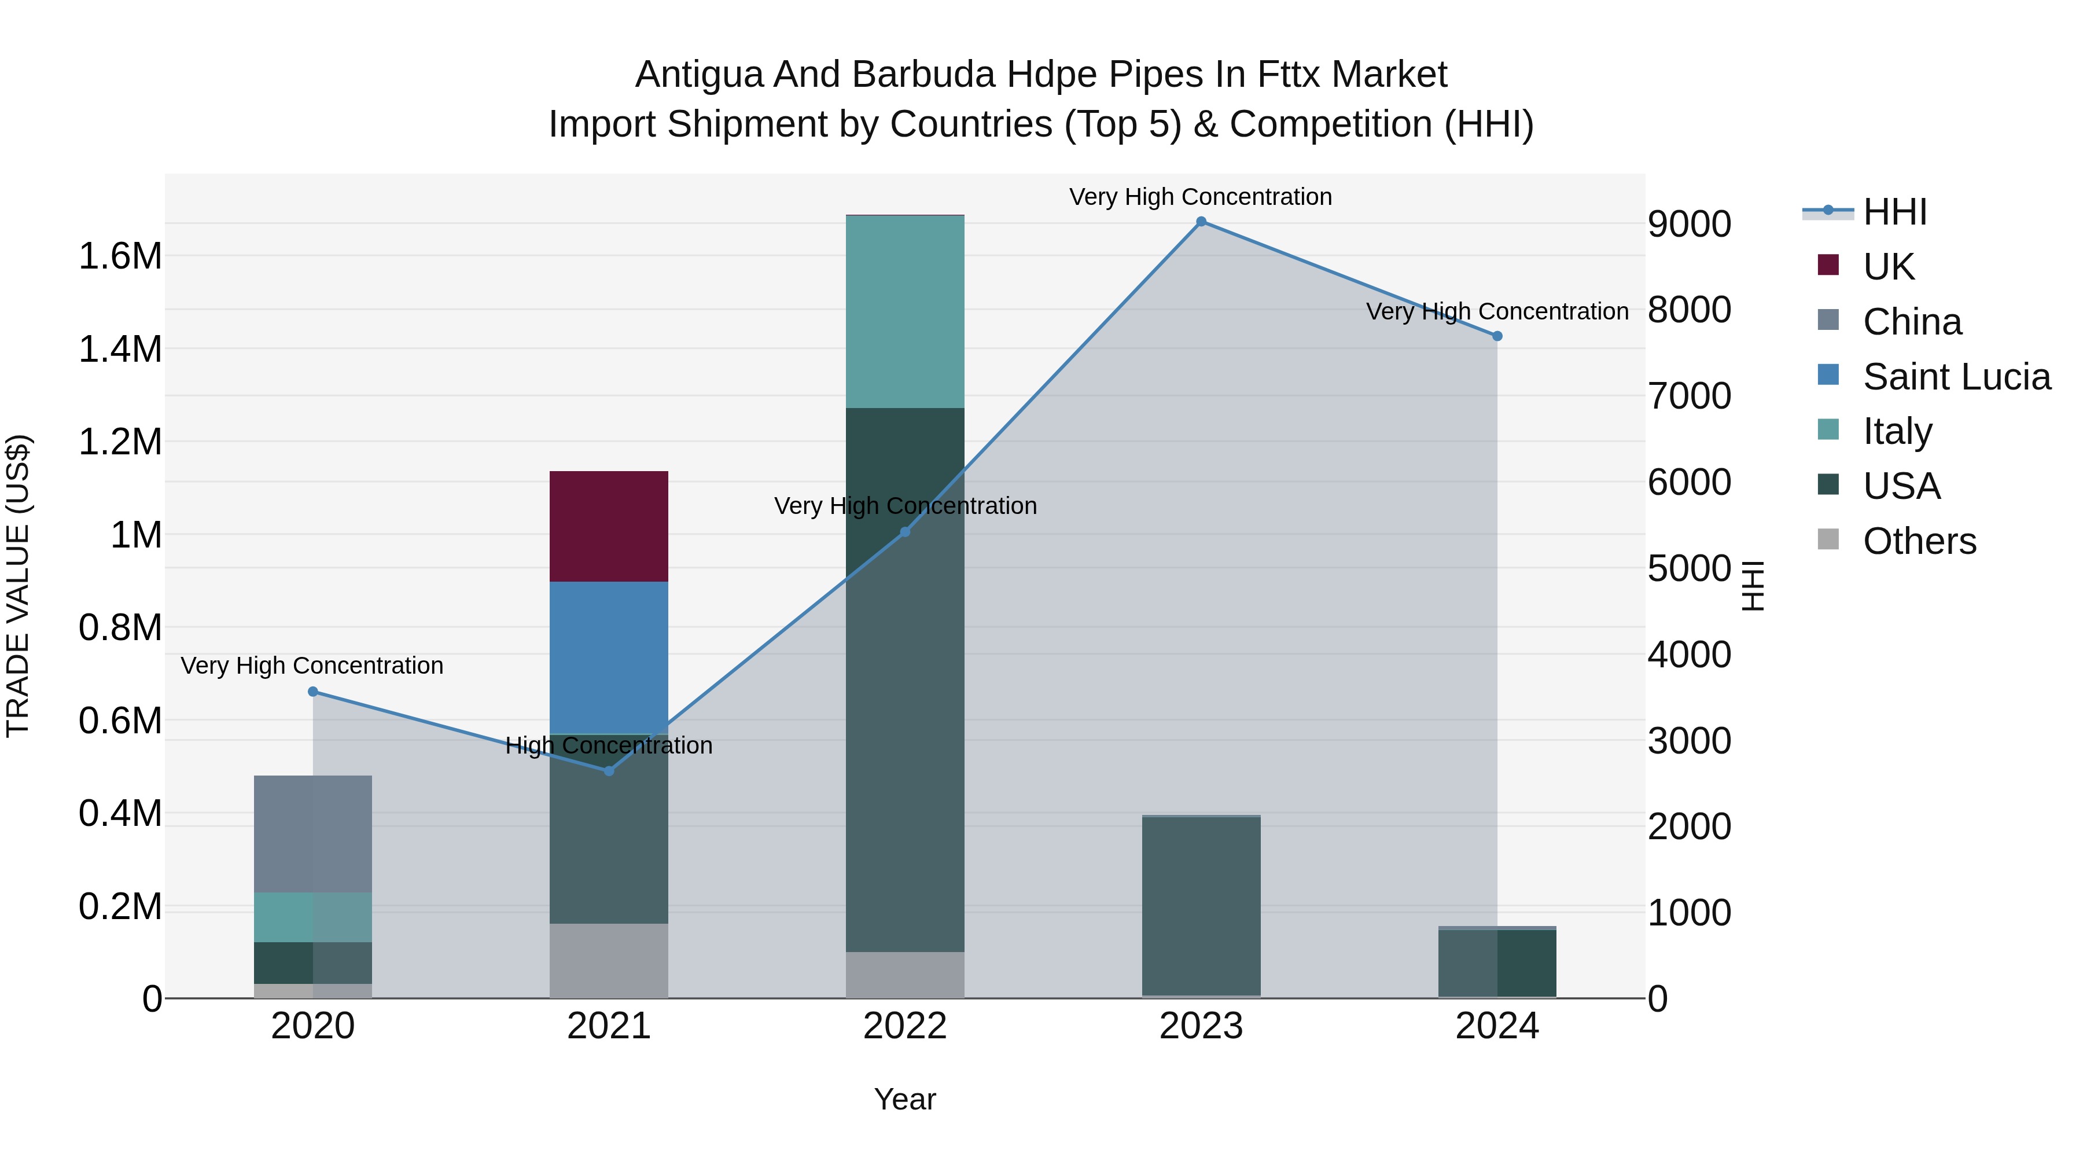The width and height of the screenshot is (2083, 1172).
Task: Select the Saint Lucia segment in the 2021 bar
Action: pos(609,657)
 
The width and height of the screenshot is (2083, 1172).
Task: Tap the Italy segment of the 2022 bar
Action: pos(905,311)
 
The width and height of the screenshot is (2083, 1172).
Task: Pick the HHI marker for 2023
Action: pos(1201,222)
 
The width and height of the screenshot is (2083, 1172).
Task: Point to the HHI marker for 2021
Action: pos(609,771)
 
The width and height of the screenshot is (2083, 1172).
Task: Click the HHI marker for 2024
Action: pos(1497,336)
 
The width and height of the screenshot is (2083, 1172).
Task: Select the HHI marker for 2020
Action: pos(313,692)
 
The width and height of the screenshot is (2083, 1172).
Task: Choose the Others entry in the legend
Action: pos(1919,541)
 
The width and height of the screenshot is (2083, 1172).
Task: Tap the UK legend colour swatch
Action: pos(1827,265)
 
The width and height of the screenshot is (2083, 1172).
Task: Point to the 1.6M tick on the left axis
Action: pos(120,256)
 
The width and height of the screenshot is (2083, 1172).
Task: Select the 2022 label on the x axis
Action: pos(905,1026)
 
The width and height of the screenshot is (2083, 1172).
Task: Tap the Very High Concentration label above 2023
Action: pos(1200,197)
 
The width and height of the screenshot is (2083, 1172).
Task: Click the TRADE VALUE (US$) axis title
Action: pos(19,586)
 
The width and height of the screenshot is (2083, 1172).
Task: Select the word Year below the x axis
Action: pos(905,1099)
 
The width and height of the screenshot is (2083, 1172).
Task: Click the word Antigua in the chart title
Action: pos(698,75)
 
